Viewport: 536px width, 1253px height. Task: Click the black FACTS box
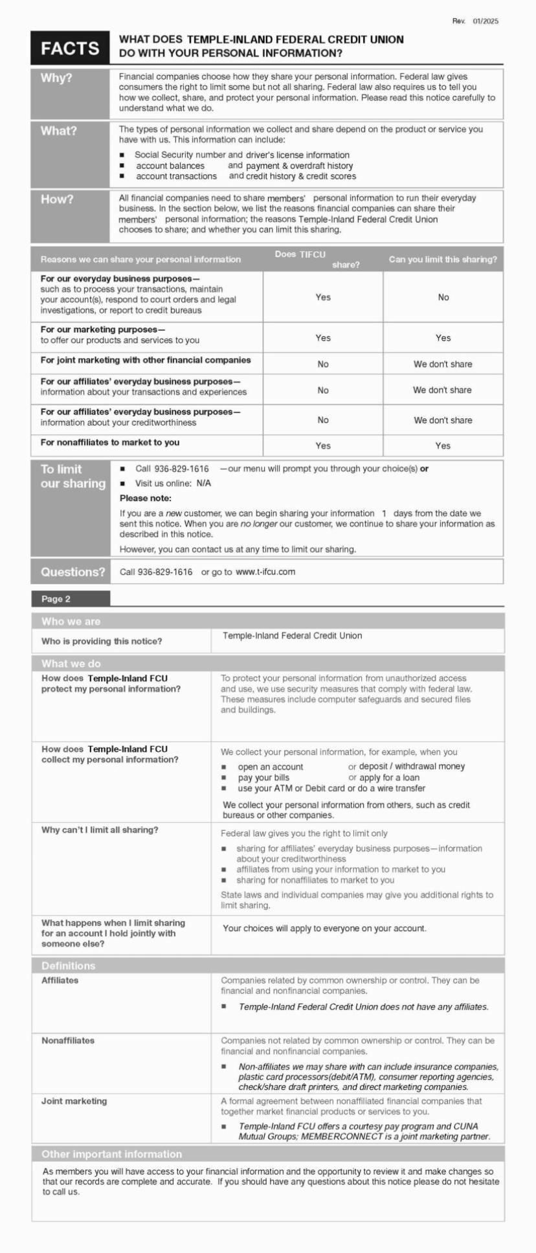[70, 49]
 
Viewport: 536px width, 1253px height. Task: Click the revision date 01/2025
[485, 21]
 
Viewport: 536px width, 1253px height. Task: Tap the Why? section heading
[57, 78]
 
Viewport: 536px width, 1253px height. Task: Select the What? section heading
[59, 131]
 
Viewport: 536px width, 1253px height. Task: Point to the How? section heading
[58, 199]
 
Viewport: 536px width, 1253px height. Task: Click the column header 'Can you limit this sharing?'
[443, 260]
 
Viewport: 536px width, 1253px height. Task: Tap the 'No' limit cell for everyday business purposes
[443, 297]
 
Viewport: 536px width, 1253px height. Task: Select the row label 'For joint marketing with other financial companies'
[146, 360]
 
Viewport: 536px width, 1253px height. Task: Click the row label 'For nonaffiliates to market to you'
[110, 442]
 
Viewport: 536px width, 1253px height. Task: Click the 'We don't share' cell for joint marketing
[443, 364]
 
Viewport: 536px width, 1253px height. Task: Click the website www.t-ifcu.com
[265, 572]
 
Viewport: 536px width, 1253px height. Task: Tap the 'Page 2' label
[56, 599]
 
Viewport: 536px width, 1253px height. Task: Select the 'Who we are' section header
[71, 622]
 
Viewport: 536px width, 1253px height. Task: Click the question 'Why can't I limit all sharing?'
[100, 830]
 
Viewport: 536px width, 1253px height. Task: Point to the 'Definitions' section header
[68, 965]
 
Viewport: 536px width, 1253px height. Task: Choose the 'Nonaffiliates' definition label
[68, 1041]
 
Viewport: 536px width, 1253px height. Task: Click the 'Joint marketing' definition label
[74, 1101]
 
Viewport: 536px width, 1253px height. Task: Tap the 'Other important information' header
[112, 1154]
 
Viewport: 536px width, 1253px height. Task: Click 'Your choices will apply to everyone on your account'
[324, 928]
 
